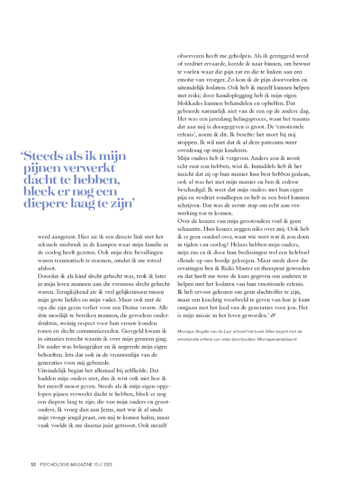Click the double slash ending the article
point(273,317)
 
